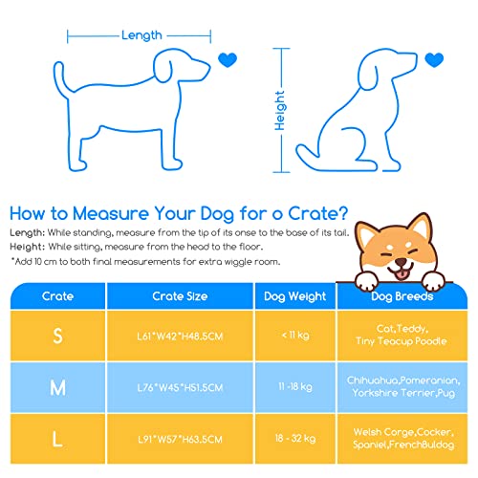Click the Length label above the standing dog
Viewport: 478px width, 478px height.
141,35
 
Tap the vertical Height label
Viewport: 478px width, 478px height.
280,111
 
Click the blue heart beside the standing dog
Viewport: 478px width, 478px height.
228,59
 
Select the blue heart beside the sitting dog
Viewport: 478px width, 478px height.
434,59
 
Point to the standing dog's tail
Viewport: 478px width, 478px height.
60,78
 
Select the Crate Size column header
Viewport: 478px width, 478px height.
180,296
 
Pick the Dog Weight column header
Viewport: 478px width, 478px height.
294,296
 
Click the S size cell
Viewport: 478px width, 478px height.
57,336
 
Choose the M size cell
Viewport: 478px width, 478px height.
57,387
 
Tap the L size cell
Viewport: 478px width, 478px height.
57,439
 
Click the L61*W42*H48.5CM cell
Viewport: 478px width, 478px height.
180,336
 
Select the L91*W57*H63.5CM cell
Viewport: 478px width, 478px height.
180,439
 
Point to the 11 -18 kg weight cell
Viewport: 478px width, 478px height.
295,387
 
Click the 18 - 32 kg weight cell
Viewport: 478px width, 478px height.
295,439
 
